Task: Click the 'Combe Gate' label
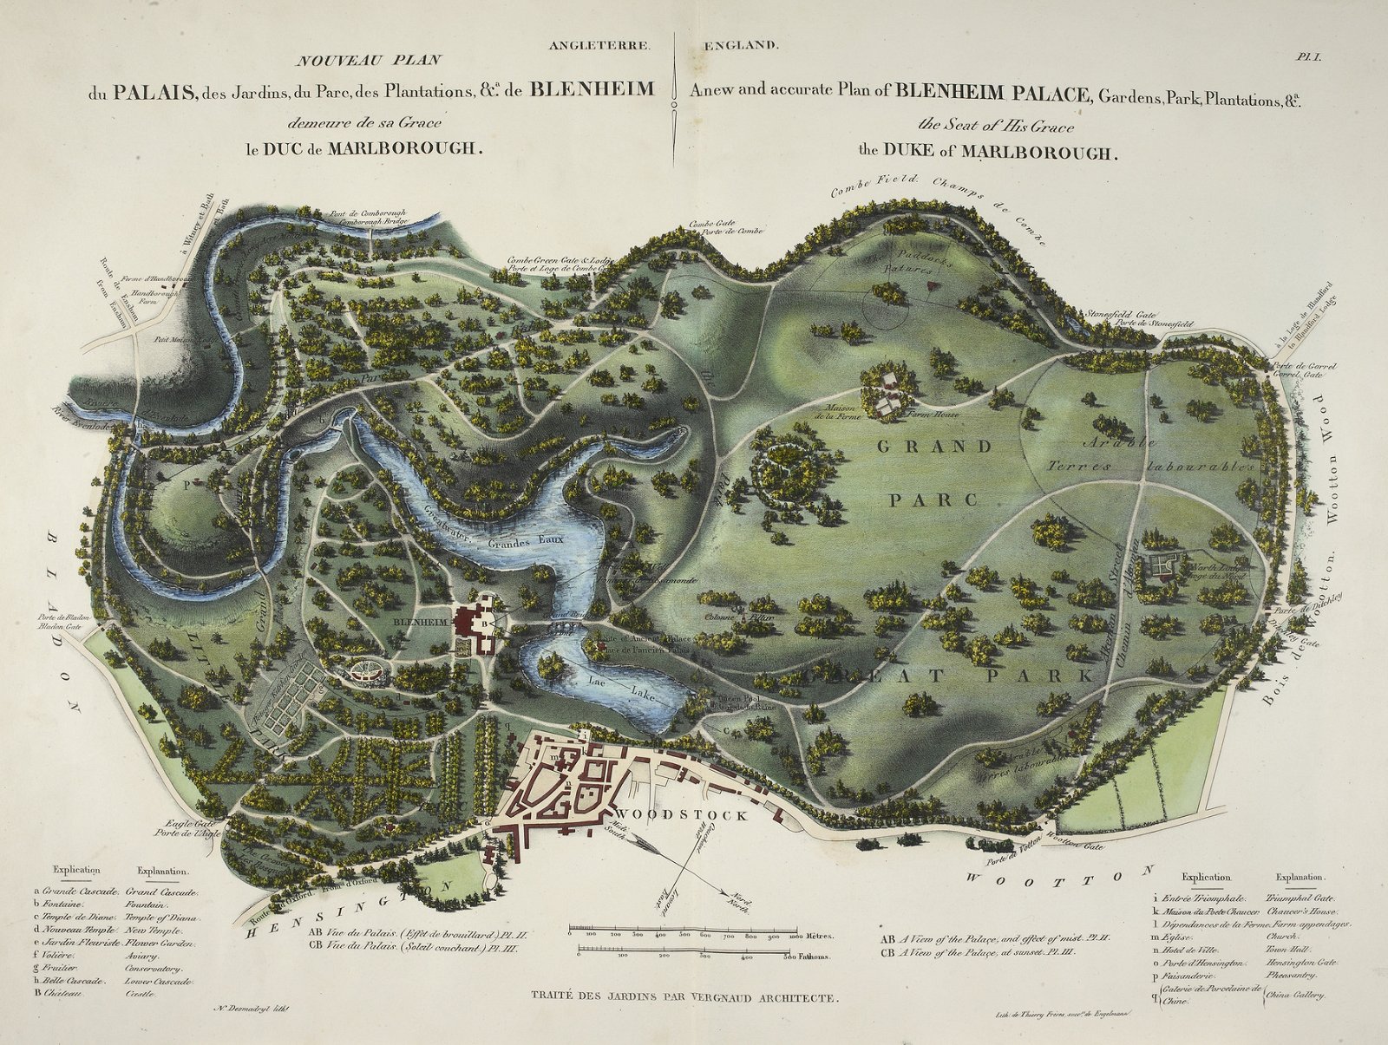pos(712,224)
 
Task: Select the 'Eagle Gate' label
pos(181,824)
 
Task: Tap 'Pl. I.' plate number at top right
pos(1307,58)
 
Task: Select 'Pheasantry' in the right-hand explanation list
pos(1290,975)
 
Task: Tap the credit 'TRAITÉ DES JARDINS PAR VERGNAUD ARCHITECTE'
pos(684,997)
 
